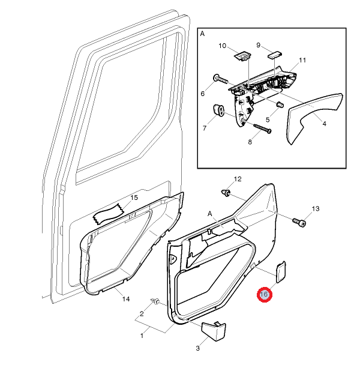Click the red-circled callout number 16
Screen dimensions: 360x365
(264, 295)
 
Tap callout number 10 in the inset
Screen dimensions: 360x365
(222, 46)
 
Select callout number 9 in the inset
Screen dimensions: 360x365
(258, 45)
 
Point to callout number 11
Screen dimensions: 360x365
(302, 60)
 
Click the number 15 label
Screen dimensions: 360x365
(134, 198)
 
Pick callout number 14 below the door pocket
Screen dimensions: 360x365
(126, 299)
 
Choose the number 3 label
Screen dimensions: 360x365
(197, 348)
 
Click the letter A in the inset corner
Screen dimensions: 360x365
(202, 34)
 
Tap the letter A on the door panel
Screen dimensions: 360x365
(210, 214)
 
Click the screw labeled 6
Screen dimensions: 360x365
(223, 79)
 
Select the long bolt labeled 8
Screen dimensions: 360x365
(262, 128)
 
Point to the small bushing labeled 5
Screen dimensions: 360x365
(280, 104)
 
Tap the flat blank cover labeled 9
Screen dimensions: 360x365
(275, 55)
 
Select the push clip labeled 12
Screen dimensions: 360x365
(226, 193)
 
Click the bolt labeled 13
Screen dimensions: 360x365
(299, 222)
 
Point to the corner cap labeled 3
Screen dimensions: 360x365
(214, 331)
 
